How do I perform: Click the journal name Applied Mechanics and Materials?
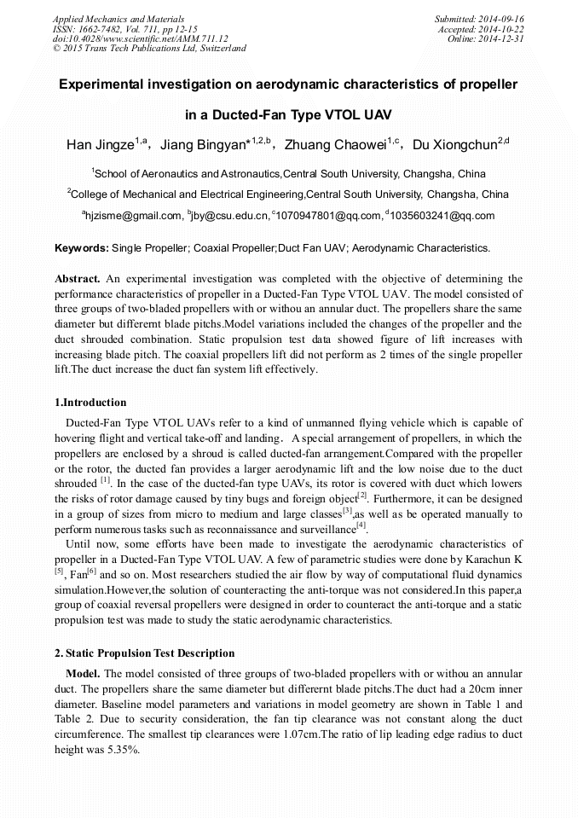118,19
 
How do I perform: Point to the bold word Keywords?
82,248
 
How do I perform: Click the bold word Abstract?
78,279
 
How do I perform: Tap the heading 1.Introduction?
90,403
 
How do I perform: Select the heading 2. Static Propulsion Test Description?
144,653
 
